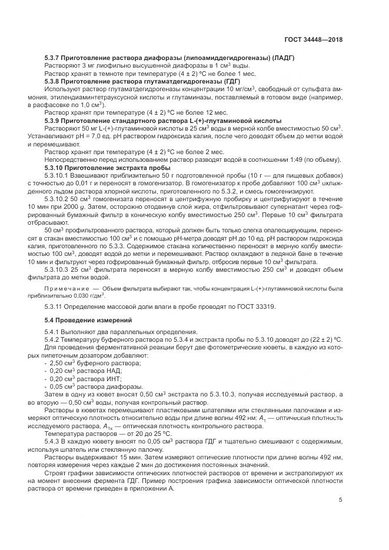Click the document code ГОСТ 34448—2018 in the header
point(311,39)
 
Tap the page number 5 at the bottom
point(340,501)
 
